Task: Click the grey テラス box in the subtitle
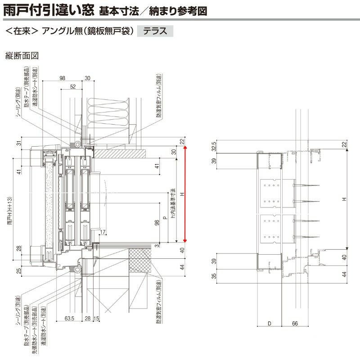(x=155, y=31)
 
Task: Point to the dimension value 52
(x=73, y=86)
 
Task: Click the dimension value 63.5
(x=69, y=319)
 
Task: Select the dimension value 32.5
(x=214, y=147)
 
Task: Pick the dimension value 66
(x=295, y=323)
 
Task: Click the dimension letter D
(x=269, y=323)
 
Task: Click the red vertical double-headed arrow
(x=184, y=194)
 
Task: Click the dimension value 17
(x=103, y=232)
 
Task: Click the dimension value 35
(x=214, y=275)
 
